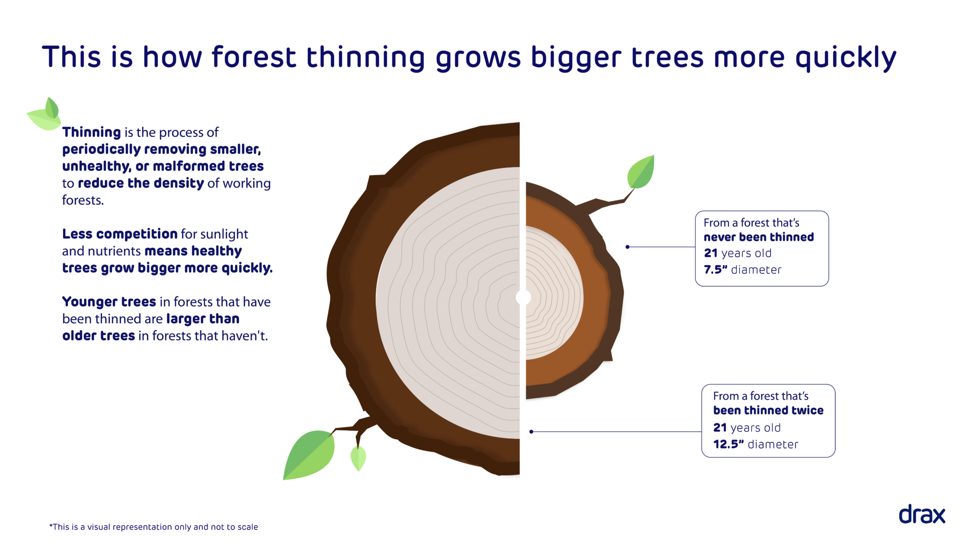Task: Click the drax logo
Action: click(x=921, y=514)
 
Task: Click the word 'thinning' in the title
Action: click(x=365, y=57)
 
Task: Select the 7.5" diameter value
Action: click(x=716, y=270)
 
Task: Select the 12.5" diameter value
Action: click(x=728, y=444)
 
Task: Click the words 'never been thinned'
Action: click(x=759, y=237)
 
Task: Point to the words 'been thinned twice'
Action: click(x=768, y=410)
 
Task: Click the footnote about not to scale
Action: click(x=154, y=527)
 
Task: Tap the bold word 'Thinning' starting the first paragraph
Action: click(x=92, y=132)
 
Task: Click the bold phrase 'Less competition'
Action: click(x=120, y=234)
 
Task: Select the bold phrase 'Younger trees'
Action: click(x=109, y=301)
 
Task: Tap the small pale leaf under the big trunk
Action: click(x=358, y=458)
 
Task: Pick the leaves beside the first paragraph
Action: click(x=45, y=115)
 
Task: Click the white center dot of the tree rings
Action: click(x=523, y=298)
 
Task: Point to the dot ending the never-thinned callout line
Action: click(x=627, y=247)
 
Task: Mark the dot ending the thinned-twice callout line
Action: click(x=531, y=431)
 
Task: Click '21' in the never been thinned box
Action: click(x=710, y=253)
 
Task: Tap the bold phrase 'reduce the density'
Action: click(x=140, y=183)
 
